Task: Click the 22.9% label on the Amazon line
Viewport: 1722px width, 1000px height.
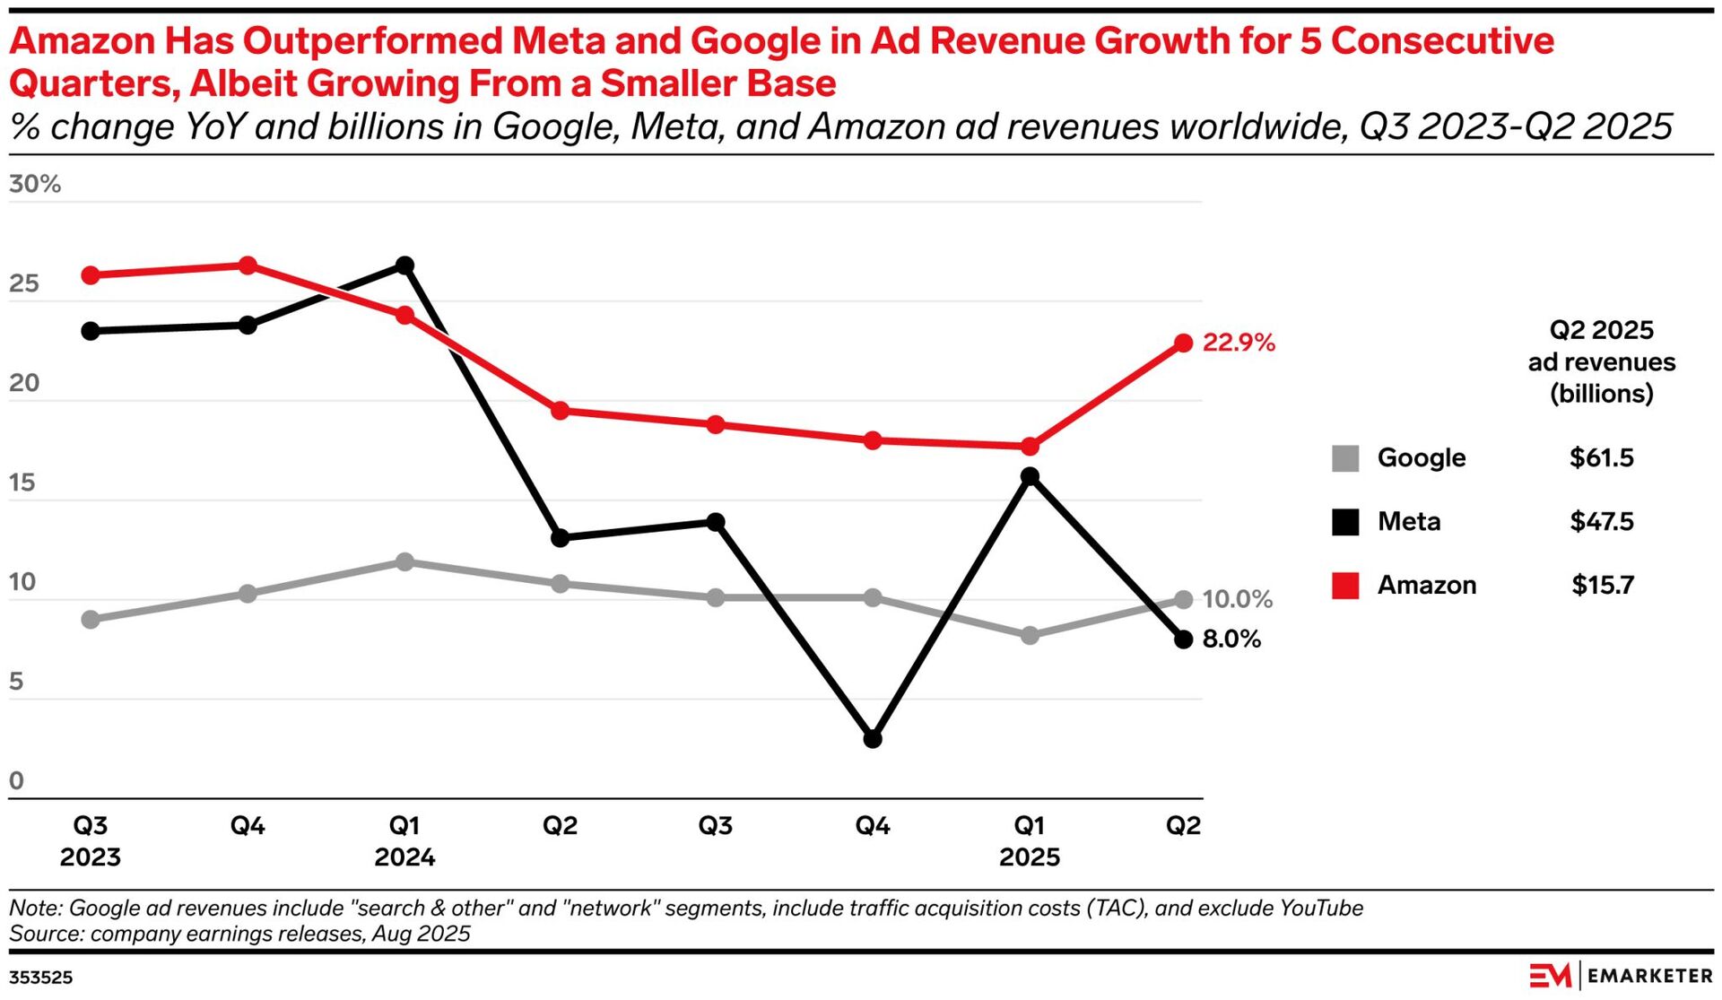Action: (1238, 343)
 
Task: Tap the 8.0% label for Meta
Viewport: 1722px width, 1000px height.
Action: (1231, 639)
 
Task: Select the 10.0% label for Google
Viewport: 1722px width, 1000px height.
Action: (1237, 599)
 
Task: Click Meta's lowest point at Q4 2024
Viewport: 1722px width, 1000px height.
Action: (873, 739)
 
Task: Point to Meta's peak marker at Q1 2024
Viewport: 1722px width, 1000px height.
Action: (404, 265)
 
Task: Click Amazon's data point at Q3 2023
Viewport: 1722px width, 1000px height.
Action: (91, 275)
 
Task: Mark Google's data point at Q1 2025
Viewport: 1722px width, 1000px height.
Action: (1030, 635)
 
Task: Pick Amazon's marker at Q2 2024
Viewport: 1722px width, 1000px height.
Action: (560, 411)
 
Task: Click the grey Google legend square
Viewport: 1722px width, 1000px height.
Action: (1345, 458)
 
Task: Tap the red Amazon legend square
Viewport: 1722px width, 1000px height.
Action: (1345, 586)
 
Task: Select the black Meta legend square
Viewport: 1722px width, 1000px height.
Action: (1345, 522)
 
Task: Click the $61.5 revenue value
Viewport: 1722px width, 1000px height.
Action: (1601, 458)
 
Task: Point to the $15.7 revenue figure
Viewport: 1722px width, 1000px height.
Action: (1602, 586)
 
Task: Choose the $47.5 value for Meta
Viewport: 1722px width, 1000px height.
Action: (1601, 522)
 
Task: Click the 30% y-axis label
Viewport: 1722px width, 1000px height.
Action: (35, 185)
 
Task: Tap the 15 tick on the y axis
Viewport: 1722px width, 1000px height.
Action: (24, 483)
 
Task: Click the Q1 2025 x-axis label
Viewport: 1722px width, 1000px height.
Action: (1030, 841)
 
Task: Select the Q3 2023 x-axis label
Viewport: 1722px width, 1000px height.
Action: (91, 841)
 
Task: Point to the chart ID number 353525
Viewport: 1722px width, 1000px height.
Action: (41, 978)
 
